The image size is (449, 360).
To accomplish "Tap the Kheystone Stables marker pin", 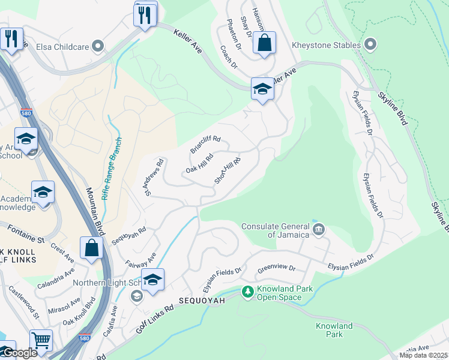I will click(x=370, y=44).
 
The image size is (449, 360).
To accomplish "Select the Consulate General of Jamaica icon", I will click(x=319, y=229).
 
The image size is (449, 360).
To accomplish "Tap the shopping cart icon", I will click(x=41, y=340).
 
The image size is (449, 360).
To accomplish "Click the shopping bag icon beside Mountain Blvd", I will click(x=91, y=248).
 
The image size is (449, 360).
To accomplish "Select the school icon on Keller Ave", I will click(x=262, y=89).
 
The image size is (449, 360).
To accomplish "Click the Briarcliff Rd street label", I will click(x=205, y=144).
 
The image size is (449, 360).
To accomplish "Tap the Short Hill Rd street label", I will click(x=228, y=171).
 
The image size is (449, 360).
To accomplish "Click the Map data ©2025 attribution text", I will click(x=423, y=355).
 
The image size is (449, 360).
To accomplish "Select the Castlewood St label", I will click(x=23, y=303).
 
